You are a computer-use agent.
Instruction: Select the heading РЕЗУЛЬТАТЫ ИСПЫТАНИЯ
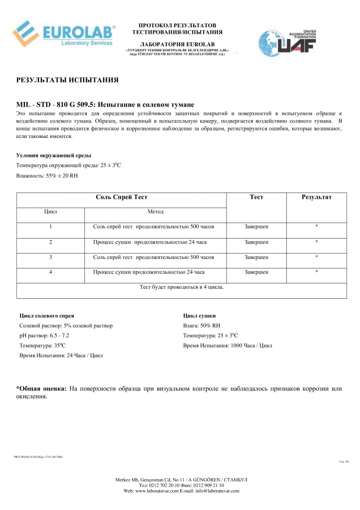click(x=67, y=79)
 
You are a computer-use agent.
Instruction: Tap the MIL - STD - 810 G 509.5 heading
click(x=105, y=105)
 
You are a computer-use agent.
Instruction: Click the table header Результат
click(x=317, y=197)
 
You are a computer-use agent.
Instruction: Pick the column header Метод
click(x=155, y=212)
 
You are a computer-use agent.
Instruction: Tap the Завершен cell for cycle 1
click(x=256, y=227)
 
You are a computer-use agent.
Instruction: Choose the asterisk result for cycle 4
click(x=317, y=272)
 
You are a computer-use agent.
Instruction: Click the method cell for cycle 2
click(x=150, y=242)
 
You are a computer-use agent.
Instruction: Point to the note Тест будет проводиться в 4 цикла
click(x=181, y=287)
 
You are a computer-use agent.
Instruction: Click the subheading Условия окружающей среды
click(x=53, y=155)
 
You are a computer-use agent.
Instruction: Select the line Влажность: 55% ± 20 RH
click(x=47, y=175)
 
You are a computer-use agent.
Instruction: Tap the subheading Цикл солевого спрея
click(x=47, y=316)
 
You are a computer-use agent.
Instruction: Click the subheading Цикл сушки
click(x=199, y=316)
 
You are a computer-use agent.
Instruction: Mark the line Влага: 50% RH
click(x=202, y=326)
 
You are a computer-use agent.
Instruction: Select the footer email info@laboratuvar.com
click(x=216, y=491)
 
